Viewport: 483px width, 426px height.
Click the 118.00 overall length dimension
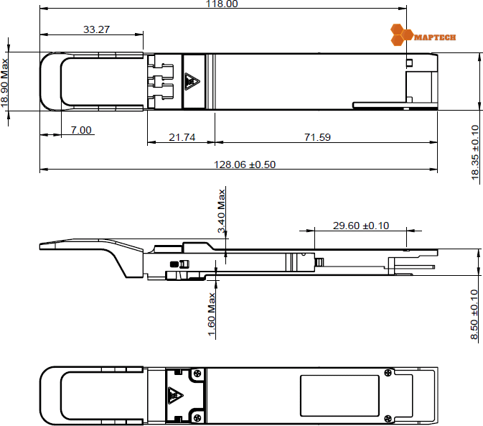click(222, 4)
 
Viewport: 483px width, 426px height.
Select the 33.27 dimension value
click(97, 29)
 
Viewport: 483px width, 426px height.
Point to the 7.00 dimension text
click(81, 130)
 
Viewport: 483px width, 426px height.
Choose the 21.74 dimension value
click(182, 137)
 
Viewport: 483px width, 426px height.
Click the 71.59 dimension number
click(316, 137)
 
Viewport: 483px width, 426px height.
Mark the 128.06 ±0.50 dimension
click(245, 165)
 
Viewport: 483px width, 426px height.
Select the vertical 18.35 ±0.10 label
click(475, 154)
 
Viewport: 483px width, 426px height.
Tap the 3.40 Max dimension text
click(222, 209)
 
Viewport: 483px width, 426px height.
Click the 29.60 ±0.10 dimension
click(361, 226)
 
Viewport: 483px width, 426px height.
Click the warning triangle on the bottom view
click(174, 395)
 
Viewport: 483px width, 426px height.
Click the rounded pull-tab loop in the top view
click(54, 81)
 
